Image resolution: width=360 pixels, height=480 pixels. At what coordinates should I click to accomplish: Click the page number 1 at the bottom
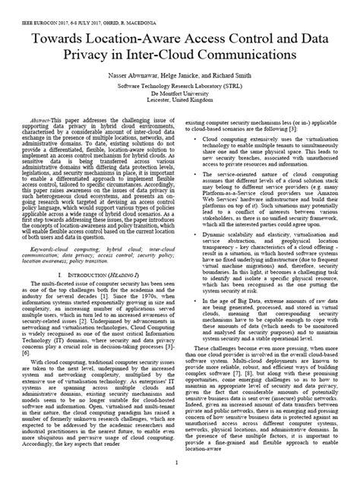[179, 462]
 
